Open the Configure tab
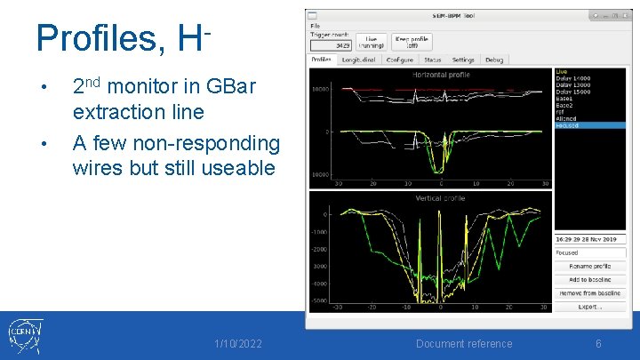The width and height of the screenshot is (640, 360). click(x=399, y=60)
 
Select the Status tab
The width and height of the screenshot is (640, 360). click(x=432, y=60)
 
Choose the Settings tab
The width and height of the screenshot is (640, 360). click(x=463, y=60)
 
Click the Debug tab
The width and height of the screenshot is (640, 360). click(x=493, y=60)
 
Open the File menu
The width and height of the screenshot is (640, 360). click(x=315, y=26)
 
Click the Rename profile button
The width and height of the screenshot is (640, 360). click(x=590, y=266)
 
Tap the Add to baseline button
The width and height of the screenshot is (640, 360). click(x=590, y=279)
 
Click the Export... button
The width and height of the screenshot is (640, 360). click(x=590, y=306)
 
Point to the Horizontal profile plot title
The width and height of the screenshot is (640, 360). click(x=441, y=75)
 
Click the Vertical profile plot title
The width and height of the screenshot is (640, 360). click(x=441, y=198)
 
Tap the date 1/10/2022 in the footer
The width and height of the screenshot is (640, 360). click(x=238, y=344)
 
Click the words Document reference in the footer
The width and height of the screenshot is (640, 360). click(x=464, y=344)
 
